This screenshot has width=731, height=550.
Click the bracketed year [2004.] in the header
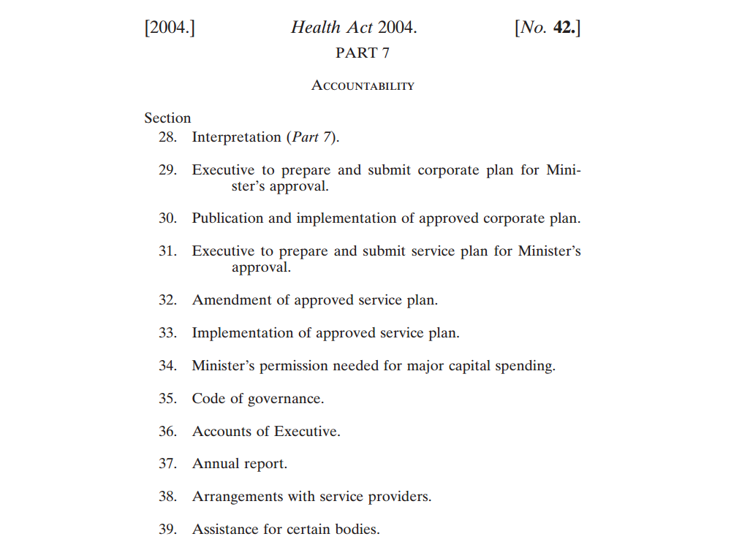[x=170, y=28]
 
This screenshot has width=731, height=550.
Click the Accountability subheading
[x=363, y=86]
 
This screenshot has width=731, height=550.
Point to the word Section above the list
[x=167, y=118]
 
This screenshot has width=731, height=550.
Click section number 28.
[x=168, y=137]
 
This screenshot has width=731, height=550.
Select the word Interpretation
[x=236, y=137]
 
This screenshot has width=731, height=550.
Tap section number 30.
[x=168, y=218]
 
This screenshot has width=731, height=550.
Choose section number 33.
[x=168, y=333]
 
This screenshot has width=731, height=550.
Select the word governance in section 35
[x=286, y=399]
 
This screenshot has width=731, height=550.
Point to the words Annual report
[x=239, y=464]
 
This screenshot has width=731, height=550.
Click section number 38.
[x=168, y=497]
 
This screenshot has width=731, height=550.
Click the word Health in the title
[x=315, y=28]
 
